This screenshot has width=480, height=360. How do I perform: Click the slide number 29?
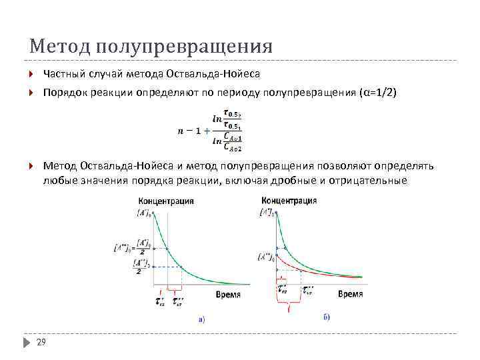[x=41, y=342]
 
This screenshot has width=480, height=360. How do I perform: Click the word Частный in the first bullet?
[x=63, y=73]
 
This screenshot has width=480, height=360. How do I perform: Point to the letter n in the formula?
[x=180, y=130]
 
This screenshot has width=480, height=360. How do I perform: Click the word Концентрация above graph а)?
[x=161, y=201]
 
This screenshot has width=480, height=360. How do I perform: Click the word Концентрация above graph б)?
[x=289, y=200]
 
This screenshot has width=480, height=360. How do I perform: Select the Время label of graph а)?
[x=229, y=294]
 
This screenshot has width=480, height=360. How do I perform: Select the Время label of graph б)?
[x=350, y=293]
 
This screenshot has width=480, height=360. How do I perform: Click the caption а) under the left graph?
[x=201, y=320]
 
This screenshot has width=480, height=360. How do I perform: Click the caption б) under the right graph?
[x=327, y=317]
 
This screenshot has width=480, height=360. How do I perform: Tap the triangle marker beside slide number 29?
[x=26, y=342]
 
